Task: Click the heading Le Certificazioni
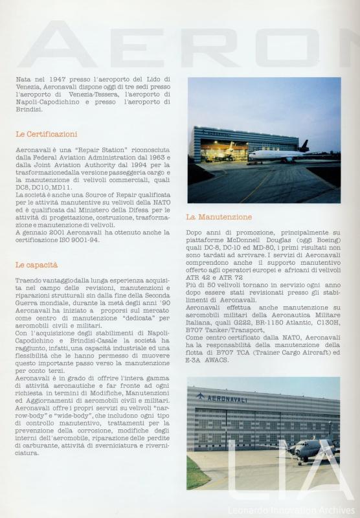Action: pyautogui.click(x=46, y=134)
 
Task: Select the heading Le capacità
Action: pyautogui.click(x=36, y=265)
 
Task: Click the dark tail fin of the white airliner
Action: pyautogui.click(x=303, y=146)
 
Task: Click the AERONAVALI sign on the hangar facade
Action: pyautogui.click(x=226, y=398)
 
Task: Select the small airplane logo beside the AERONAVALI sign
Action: pyautogui.click(x=199, y=396)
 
